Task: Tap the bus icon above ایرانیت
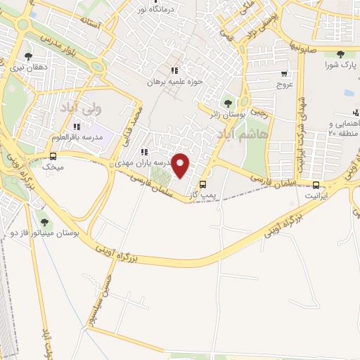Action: (314, 187)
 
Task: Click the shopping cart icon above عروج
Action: (284, 73)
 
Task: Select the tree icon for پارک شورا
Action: (340, 54)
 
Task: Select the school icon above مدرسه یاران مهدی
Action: (145, 151)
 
